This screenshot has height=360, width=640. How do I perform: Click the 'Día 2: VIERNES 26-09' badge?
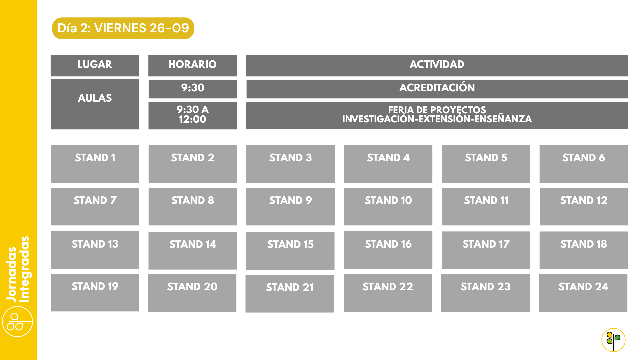pyautogui.click(x=123, y=28)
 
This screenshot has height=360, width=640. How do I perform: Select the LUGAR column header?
pyautogui.click(x=95, y=65)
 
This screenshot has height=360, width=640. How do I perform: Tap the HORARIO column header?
pyautogui.click(x=192, y=65)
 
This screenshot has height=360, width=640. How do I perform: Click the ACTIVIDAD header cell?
pyautogui.click(x=437, y=65)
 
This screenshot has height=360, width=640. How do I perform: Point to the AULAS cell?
pyautogui.click(x=95, y=104)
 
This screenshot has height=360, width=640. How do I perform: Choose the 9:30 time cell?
pyautogui.click(x=193, y=89)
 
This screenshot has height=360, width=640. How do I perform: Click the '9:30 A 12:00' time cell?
pyautogui.click(x=192, y=115)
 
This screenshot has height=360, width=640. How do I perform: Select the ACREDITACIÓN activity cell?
pyautogui.click(x=437, y=89)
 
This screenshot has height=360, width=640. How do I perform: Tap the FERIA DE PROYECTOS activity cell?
pyautogui.click(x=437, y=115)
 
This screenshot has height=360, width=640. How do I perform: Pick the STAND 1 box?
pyautogui.click(x=95, y=164)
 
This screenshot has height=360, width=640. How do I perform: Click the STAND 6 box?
pyautogui.click(x=584, y=164)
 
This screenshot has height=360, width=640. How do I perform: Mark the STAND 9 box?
pyautogui.click(x=290, y=206)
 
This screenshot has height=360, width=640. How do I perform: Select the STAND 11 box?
pyautogui.click(x=486, y=206)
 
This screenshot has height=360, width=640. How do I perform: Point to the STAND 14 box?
pyautogui.click(x=192, y=250)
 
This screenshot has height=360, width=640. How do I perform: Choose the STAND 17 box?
pyautogui.click(x=486, y=250)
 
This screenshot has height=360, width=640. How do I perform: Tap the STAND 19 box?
pyautogui.click(x=95, y=292)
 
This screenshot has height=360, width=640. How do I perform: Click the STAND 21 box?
pyautogui.click(x=290, y=293)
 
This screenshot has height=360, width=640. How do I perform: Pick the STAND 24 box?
pyautogui.click(x=583, y=293)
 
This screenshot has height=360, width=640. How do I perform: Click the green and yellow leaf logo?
pyautogui.click(x=613, y=340)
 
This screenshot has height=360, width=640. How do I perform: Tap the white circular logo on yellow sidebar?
pyautogui.click(x=17, y=322)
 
